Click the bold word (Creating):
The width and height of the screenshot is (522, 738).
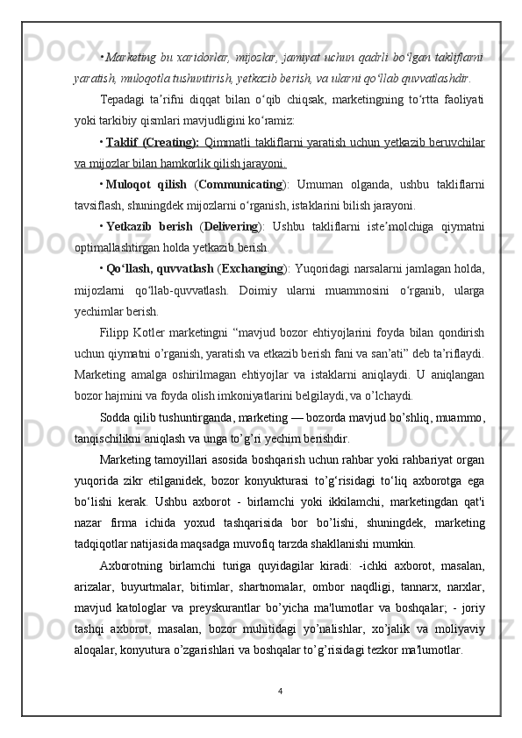coord(172,143)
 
